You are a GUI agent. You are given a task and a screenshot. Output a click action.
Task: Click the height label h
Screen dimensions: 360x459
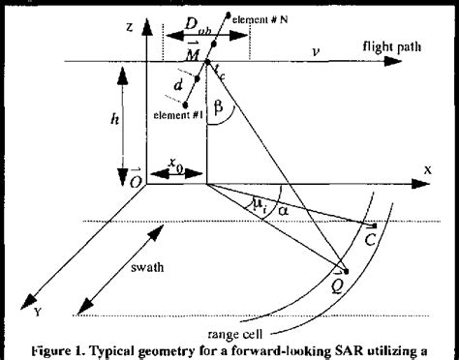click(116, 122)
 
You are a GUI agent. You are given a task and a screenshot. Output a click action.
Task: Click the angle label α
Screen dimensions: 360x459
click(284, 209)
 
